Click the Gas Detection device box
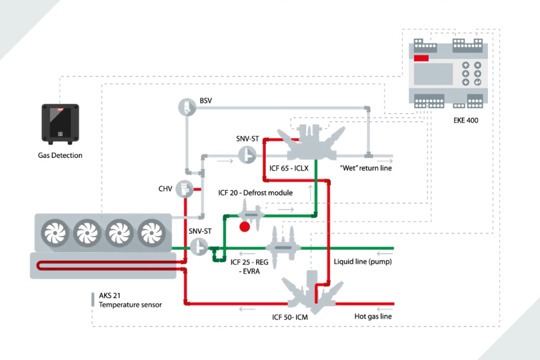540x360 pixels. (x=60, y=124)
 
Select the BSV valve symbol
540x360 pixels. (x=185, y=107)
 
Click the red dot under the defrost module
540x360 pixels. (x=245, y=226)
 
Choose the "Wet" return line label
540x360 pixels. (x=365, y=168)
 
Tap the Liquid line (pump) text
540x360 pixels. (x=362, y=261)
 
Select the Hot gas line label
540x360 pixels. (x=373, y=316)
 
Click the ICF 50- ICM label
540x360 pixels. (x=293, y=317)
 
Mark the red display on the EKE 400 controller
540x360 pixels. (x=421, y=59)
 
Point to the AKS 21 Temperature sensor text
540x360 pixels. (x=129, y=300)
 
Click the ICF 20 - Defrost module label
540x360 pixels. (x=255, y=193)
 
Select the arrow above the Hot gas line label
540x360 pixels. (x=382, y=309)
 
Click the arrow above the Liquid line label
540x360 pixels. (x=383, y=253)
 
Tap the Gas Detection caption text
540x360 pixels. (x=60, y=155)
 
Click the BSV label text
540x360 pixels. (x=206, y=101)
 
